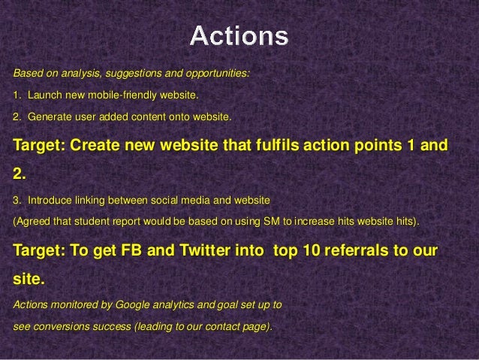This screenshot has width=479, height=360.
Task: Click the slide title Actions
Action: [239, 36]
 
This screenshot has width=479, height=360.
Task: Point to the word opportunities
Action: [218, 74]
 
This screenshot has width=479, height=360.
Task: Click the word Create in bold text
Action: [95, 144]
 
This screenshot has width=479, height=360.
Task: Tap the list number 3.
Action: [17, 201]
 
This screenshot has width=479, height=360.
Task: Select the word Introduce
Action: [50, 201]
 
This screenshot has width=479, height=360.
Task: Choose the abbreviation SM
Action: [272, 221]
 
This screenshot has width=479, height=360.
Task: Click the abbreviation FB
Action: [131, 250]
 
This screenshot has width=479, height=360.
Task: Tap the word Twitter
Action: [205, 250]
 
